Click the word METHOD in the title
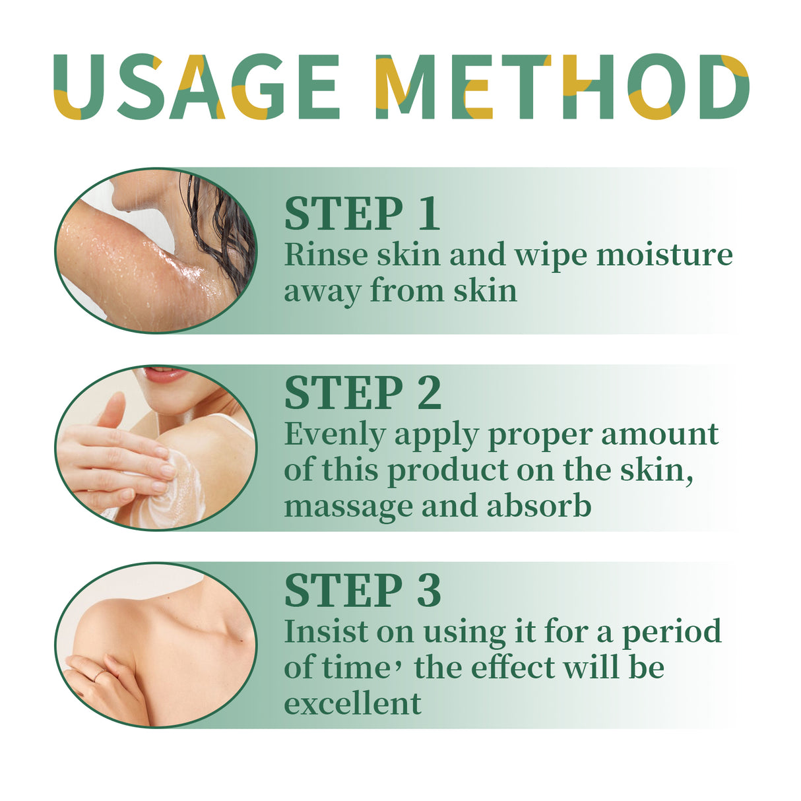(x=561, y=87)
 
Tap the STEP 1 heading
(x=362, y=213)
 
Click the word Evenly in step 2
(x=335, y=435)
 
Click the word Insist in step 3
(x=325, y=631)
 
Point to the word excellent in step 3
(x=352, y=703)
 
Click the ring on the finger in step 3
(x=98, y=674)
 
